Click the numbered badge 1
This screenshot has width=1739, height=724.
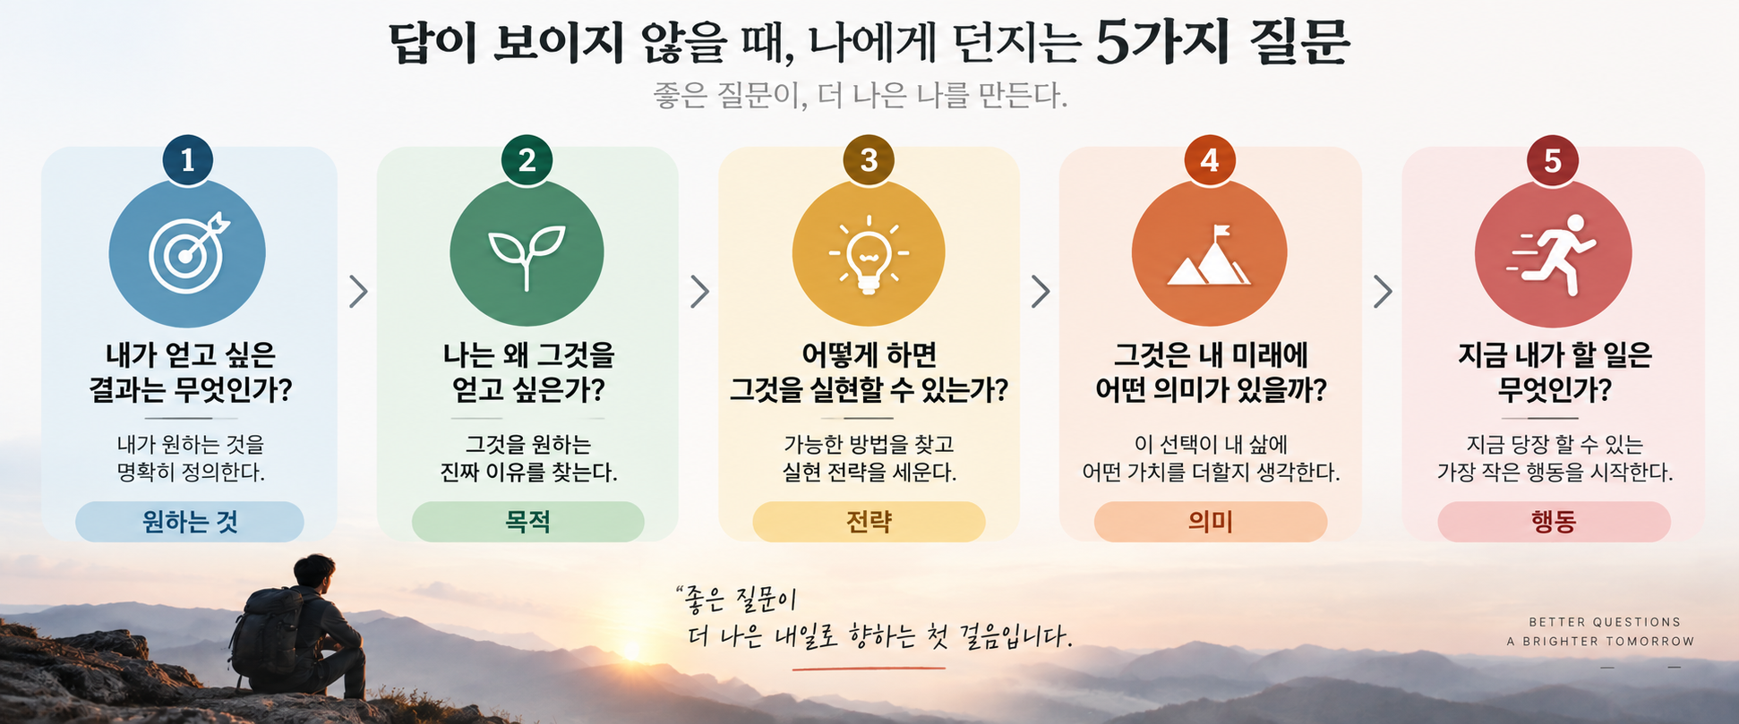[x=187, y=160]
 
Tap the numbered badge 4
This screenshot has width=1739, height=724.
[x=1210, y=160]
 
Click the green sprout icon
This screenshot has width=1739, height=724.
[x=527, y=257]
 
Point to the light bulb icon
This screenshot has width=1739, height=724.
[x=868, y=254]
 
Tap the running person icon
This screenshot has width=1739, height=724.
[x=1553, y=254]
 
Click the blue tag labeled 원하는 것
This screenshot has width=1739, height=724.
[x=190, y=522]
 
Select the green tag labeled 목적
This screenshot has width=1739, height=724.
[x=527, y=522]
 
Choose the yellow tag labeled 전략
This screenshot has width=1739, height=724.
[x=869, y=522]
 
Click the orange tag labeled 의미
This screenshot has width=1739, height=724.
[x=1211, y=522]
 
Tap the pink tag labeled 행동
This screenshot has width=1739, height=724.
[x=1554, y=522]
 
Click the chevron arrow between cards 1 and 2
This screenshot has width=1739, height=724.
[x=358, y=291]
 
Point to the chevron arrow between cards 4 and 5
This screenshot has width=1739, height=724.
[x=1383, y=291]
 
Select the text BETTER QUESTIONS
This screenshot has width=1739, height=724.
[x=1605, y=622]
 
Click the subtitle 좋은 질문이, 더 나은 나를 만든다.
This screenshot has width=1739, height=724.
[x=861, y=95]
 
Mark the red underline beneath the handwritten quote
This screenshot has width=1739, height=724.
[x=869, y=668]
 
